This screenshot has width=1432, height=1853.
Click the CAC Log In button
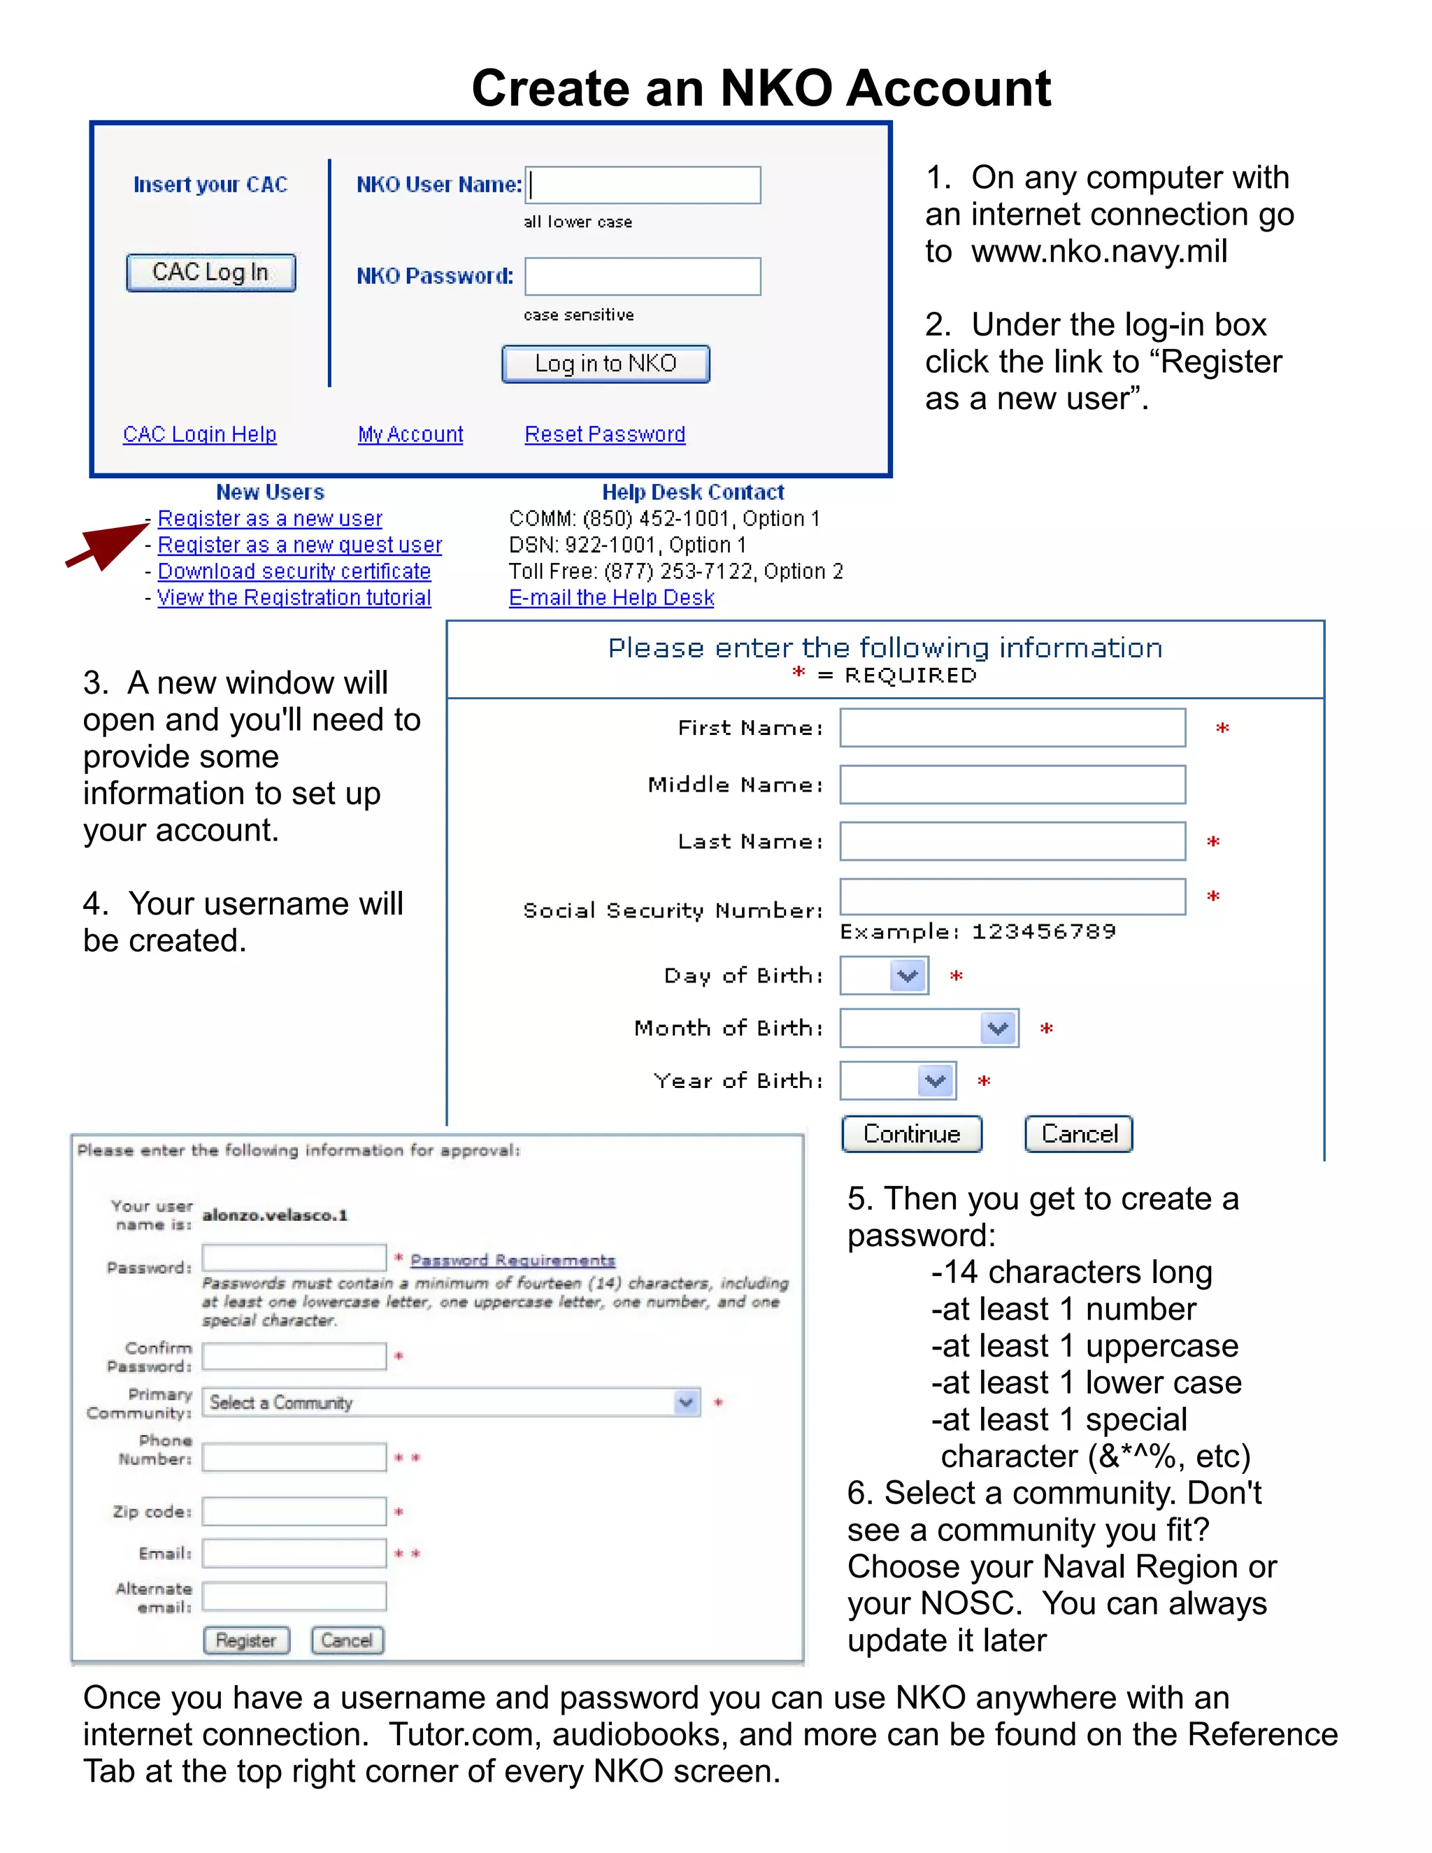(210, 272)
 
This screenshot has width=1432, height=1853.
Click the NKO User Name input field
(642, 185)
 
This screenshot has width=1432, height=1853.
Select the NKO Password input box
(642, 277)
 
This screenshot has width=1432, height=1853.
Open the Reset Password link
(604, 434)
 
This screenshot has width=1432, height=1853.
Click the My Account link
(410, 434)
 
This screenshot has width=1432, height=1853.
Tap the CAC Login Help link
(199, 434)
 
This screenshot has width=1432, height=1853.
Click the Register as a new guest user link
(299, 545)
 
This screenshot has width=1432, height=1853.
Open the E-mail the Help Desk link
(611, 597)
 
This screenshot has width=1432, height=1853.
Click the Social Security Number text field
(1012, 897)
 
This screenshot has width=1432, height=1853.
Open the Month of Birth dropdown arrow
(998, 1029)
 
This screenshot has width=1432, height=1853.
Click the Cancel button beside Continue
(1078, 1133)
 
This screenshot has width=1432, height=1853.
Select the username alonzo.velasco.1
(275, 1215)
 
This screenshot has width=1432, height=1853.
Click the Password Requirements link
(513, 1260)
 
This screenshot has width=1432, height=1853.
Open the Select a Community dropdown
(450, 1403)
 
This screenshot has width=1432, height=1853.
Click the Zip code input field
(294, 1511)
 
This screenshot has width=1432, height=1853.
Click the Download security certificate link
(294, 571)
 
